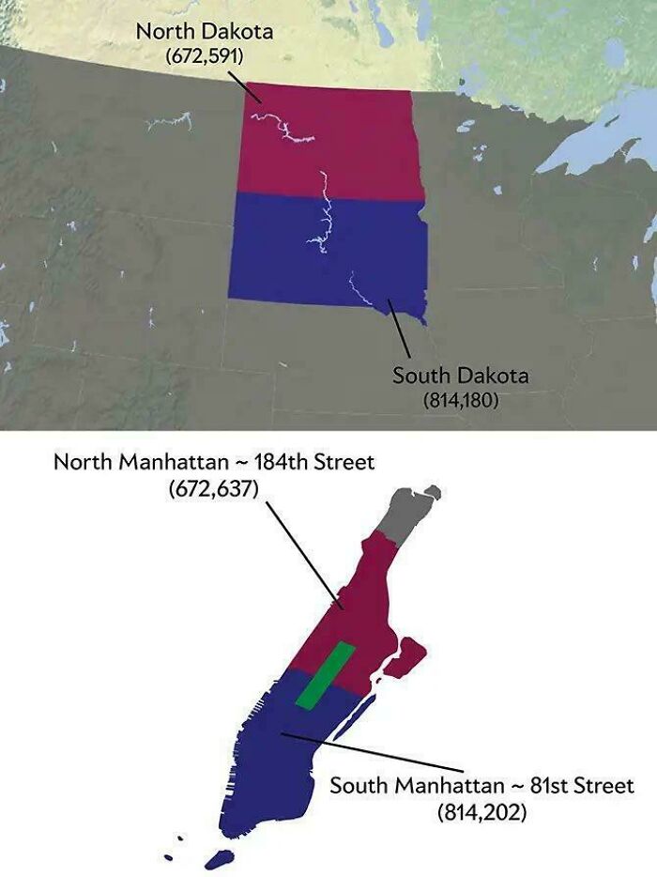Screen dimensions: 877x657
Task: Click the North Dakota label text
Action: coord(204,31)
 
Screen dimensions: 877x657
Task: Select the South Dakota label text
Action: coord(460,377)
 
